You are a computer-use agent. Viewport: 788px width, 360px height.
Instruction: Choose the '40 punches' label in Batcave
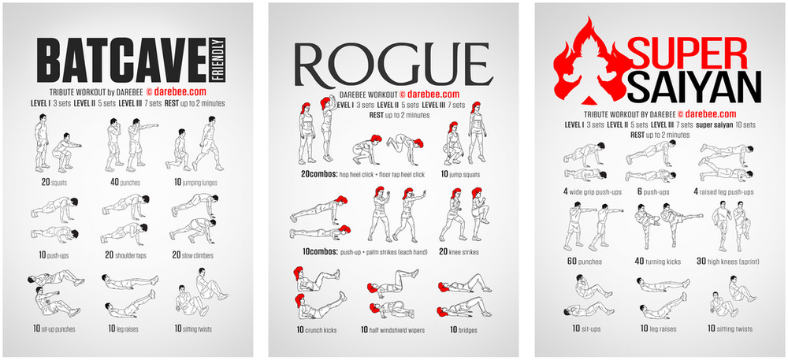pyautogui.click(x=126, y=183)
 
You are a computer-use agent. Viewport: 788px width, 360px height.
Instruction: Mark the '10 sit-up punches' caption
pyautogui.click(x=58, y=328)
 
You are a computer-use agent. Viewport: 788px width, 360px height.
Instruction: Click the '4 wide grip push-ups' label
pyautogui.click(x=592, y=191)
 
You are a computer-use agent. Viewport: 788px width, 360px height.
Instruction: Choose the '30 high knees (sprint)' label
pyautogui.click(x=734, y=262)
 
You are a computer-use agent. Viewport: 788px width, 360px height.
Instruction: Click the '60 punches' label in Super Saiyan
pyautogui.click(x=584, y=262)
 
